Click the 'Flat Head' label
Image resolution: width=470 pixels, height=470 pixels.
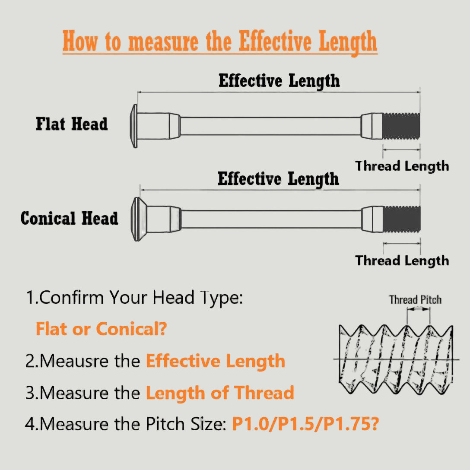[x=72, y=124]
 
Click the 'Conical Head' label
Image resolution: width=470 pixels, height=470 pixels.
[x=69, y=218]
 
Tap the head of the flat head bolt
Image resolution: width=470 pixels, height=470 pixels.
[x=133, y=126]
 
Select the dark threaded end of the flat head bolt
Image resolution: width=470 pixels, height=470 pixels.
[x=401, y=126]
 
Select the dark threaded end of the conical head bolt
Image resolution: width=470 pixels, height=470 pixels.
[x=402, y=219]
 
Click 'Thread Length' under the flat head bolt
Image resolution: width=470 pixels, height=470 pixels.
[x=402, y=166]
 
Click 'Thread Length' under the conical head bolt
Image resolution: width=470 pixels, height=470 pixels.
[x=402, y=260]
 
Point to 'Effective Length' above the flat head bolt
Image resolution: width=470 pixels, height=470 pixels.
[x=279, y=81]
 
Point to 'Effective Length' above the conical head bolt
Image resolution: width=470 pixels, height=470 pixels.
[x=278, y=179]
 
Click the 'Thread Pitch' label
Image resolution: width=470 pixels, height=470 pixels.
[x=415, y=300]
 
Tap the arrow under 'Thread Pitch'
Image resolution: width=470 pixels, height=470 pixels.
[x=419, y=309]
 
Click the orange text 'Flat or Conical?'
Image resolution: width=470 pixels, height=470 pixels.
[x=102, y=329]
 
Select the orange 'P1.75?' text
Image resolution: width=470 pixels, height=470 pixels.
[x=351, y=424]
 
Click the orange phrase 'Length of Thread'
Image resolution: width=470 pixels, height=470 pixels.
[x=220, y=393]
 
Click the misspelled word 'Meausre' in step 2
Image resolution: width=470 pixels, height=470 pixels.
[x=75, y=361]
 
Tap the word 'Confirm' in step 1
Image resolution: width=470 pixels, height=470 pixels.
[x=72, y=297]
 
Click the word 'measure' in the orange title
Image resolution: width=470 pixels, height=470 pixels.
[x=163, y=42]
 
